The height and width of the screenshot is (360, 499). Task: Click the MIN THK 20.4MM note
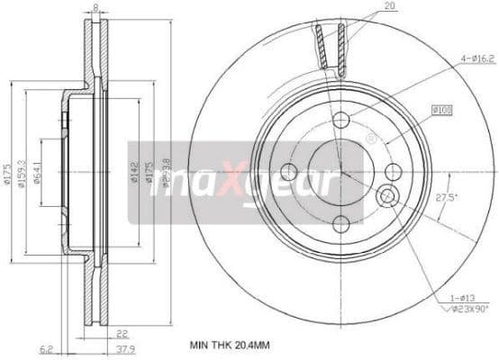(230, 344)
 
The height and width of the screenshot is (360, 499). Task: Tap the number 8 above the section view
(95, 8)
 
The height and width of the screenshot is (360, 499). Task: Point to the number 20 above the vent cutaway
(389, 5)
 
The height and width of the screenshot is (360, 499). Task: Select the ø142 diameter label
(132, 171)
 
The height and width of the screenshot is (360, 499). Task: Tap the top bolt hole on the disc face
(340, 121)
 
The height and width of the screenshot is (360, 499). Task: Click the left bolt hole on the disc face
(289, 172)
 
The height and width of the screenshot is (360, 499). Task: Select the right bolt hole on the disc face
(393, 172)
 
